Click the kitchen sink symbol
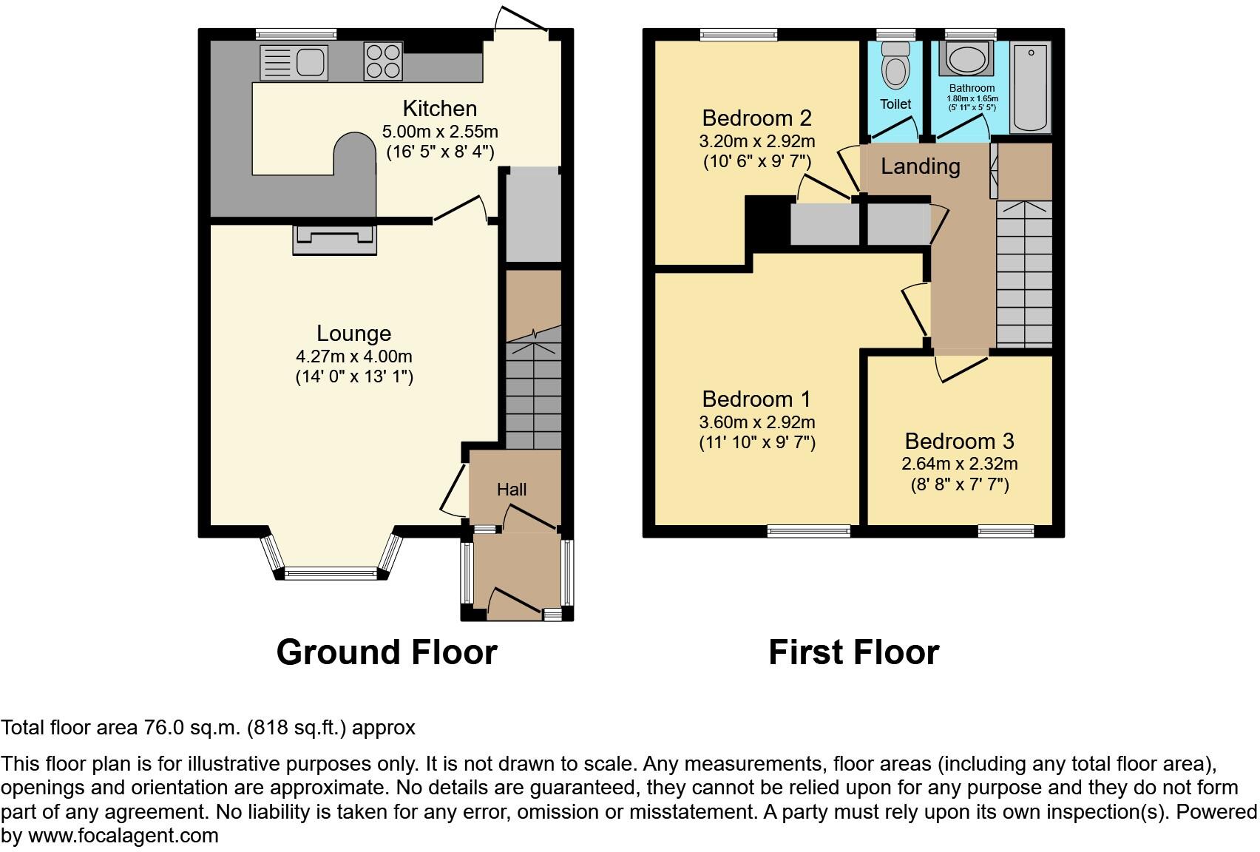(x=294, y=62)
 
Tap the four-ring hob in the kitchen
(x=383, y=61)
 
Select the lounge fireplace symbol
(x=335, y=239)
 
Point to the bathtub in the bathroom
(x=1030, y=87)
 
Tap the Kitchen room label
(x=439, y=109)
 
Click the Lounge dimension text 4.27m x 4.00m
(x=353, y=356)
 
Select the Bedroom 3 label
(x=959, y=442)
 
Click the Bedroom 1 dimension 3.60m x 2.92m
(x=756, y=422)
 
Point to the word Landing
(x=920, y=166)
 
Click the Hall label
(x=512, y=490)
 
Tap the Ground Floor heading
(x=386, y=652)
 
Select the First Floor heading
(x=853, y=652)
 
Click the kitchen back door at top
(x=521, y=21)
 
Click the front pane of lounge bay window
(x=331, y=572)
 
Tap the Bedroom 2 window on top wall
(x=738, y=34)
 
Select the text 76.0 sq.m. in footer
(x=191, y=728)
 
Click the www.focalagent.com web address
(x=123, y=836)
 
